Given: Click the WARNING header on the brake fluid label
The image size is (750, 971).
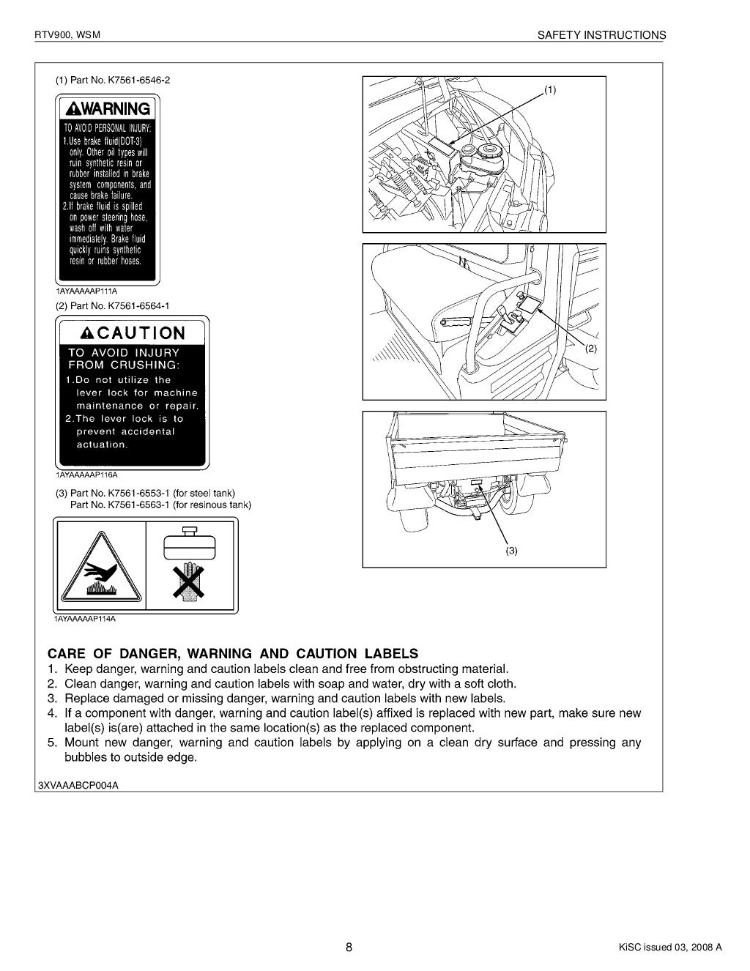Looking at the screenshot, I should coord(108,109).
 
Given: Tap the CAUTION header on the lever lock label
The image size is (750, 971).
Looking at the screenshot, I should coord(133,333).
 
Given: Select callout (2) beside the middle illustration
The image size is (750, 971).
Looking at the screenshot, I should coord(591,349).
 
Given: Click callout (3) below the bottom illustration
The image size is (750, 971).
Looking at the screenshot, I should coord(510,551).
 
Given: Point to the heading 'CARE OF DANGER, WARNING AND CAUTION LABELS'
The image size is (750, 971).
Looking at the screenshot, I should coord(233,653).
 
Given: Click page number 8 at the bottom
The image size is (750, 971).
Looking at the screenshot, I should coord(349,947).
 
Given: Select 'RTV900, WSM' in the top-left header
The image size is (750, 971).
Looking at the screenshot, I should coord(62,34).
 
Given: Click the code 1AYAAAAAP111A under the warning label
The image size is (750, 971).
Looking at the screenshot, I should coord(86,291).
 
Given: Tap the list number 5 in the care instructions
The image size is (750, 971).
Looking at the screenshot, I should coord(52,743).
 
